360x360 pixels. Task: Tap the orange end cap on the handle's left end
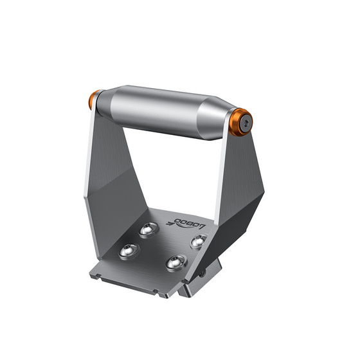pyautogui.click(x=94, y=100)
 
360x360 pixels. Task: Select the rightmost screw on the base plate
pyautogui.click(x=198, y=241)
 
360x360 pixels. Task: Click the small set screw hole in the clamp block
pyautogui.click(x=203, y=273)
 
